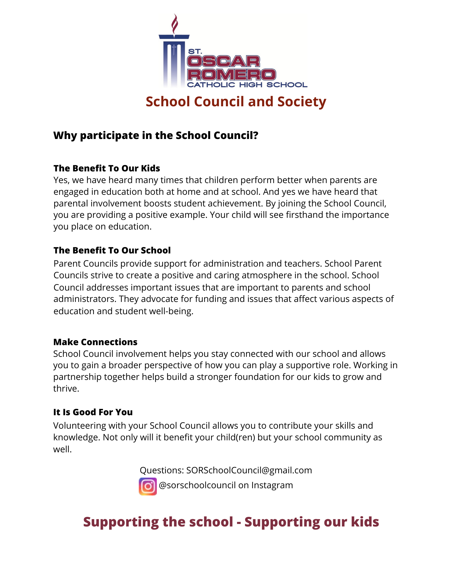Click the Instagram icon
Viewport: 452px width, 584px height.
coord(148,486)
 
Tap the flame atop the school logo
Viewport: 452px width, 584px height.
coord(175,24)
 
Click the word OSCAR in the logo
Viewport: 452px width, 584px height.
coord(224,61)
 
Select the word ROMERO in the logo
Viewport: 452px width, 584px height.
coord(231,74)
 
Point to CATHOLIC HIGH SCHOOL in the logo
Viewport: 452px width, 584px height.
coord(247,85)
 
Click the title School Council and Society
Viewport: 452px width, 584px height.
coord(236,102)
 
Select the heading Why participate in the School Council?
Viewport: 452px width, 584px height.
coord(156,135)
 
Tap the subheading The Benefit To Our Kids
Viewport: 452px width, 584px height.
coord(107,168)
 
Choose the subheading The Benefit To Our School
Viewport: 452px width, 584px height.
coord(112,250)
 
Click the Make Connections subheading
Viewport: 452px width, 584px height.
coord(95,342)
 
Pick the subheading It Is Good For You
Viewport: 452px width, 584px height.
coord(93,412)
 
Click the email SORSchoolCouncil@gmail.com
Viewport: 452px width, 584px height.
coord(249,470)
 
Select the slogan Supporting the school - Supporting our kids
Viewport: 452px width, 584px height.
coord(231,522)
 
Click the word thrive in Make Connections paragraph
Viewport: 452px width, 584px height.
coord(66,389)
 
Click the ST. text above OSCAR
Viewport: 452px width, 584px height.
coord(195,51)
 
